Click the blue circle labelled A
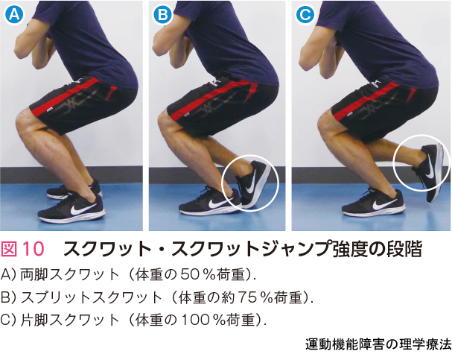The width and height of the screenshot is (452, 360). tap(14, 14)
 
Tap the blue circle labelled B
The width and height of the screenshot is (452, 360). tap(162, 14)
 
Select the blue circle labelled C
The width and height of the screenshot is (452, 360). tap(305, 14)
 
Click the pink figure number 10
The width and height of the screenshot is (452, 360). tap(34, 249)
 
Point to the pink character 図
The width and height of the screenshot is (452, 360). tap(9, 249)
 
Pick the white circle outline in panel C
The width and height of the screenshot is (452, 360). tap(394, 162)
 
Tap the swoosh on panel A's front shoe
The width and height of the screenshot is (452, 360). tap(83, 209)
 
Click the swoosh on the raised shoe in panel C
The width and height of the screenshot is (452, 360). tap(430, 166)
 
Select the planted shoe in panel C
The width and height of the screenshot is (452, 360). tap(374, 203)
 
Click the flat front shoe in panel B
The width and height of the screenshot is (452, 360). tap(210, 201)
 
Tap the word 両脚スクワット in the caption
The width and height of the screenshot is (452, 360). tap(69, 275)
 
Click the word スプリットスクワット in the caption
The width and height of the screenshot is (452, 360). tap(91, 297)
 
